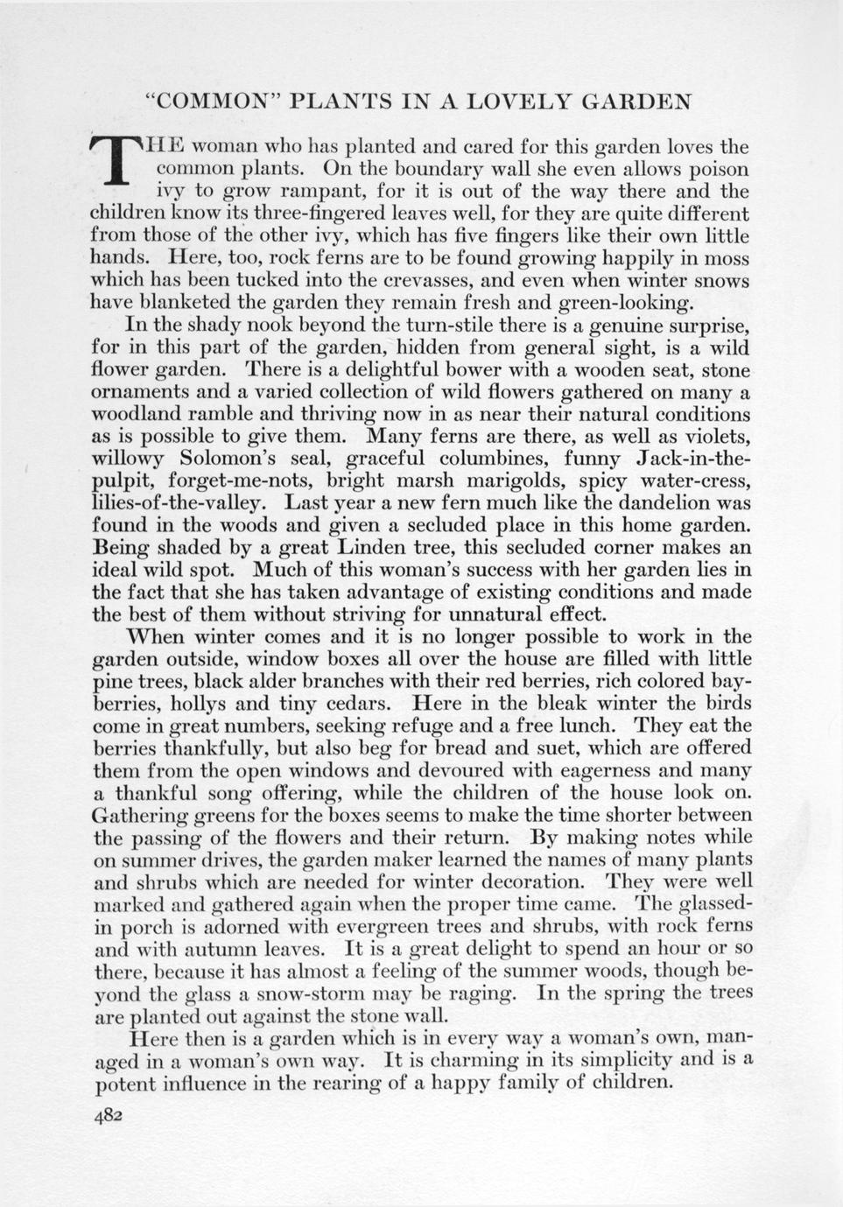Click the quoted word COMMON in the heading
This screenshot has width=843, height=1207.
[x=213, y=102]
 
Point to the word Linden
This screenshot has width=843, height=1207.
[x=376, y=547]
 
